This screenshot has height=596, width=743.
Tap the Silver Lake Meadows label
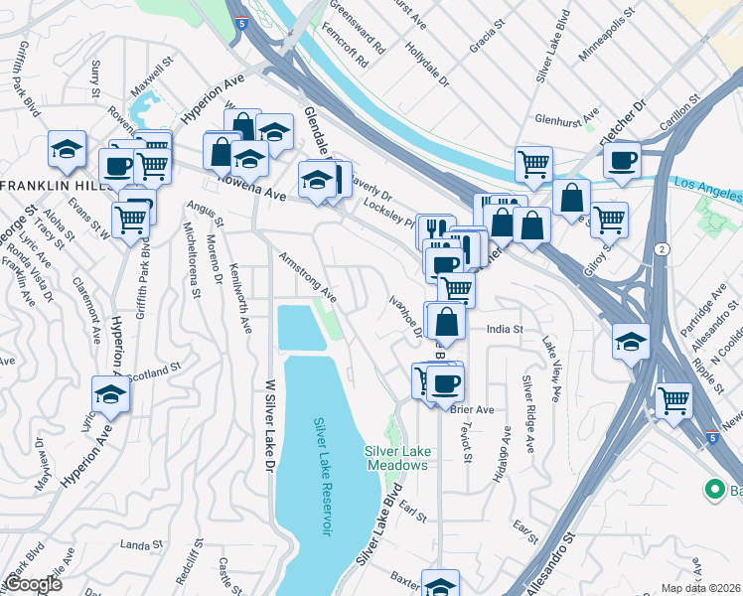(396, 457)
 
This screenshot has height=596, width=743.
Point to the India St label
(505, 329)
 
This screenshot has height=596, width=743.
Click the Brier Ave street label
(472, 409)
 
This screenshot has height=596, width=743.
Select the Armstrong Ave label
(308, 277)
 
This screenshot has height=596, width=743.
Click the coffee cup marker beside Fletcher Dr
(623, 161)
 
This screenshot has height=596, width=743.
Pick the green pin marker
(713, 490)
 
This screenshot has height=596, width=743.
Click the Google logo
(33, 584)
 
